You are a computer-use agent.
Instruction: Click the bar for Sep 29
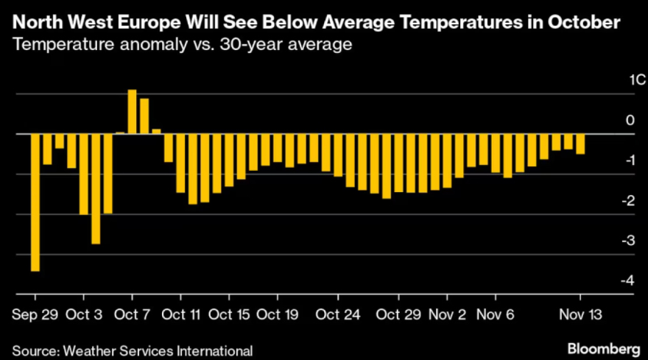35,202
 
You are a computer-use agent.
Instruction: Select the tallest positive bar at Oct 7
133,112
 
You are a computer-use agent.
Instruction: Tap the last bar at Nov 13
580,144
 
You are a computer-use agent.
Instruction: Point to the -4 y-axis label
628,280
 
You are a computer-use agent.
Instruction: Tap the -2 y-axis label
628,201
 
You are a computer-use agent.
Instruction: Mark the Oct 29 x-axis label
398,314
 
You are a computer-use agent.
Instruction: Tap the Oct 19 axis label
278,314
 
